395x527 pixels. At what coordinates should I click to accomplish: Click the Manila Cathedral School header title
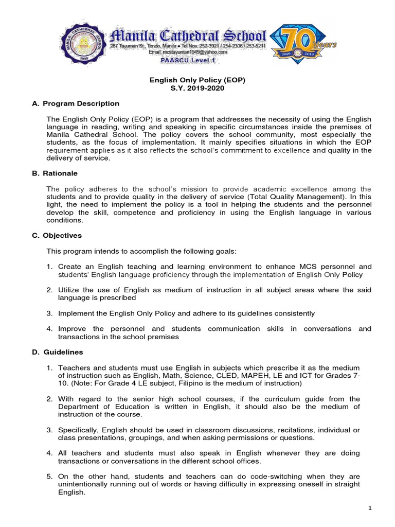point(189,37)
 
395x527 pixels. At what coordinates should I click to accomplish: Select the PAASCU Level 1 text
point(189,60)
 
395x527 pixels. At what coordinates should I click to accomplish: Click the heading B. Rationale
point(55,173)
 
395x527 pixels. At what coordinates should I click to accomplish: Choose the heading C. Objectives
point(57,236)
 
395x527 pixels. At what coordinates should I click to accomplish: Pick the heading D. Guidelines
point(57,352)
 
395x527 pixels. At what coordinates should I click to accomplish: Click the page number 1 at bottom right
point(370,508)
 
